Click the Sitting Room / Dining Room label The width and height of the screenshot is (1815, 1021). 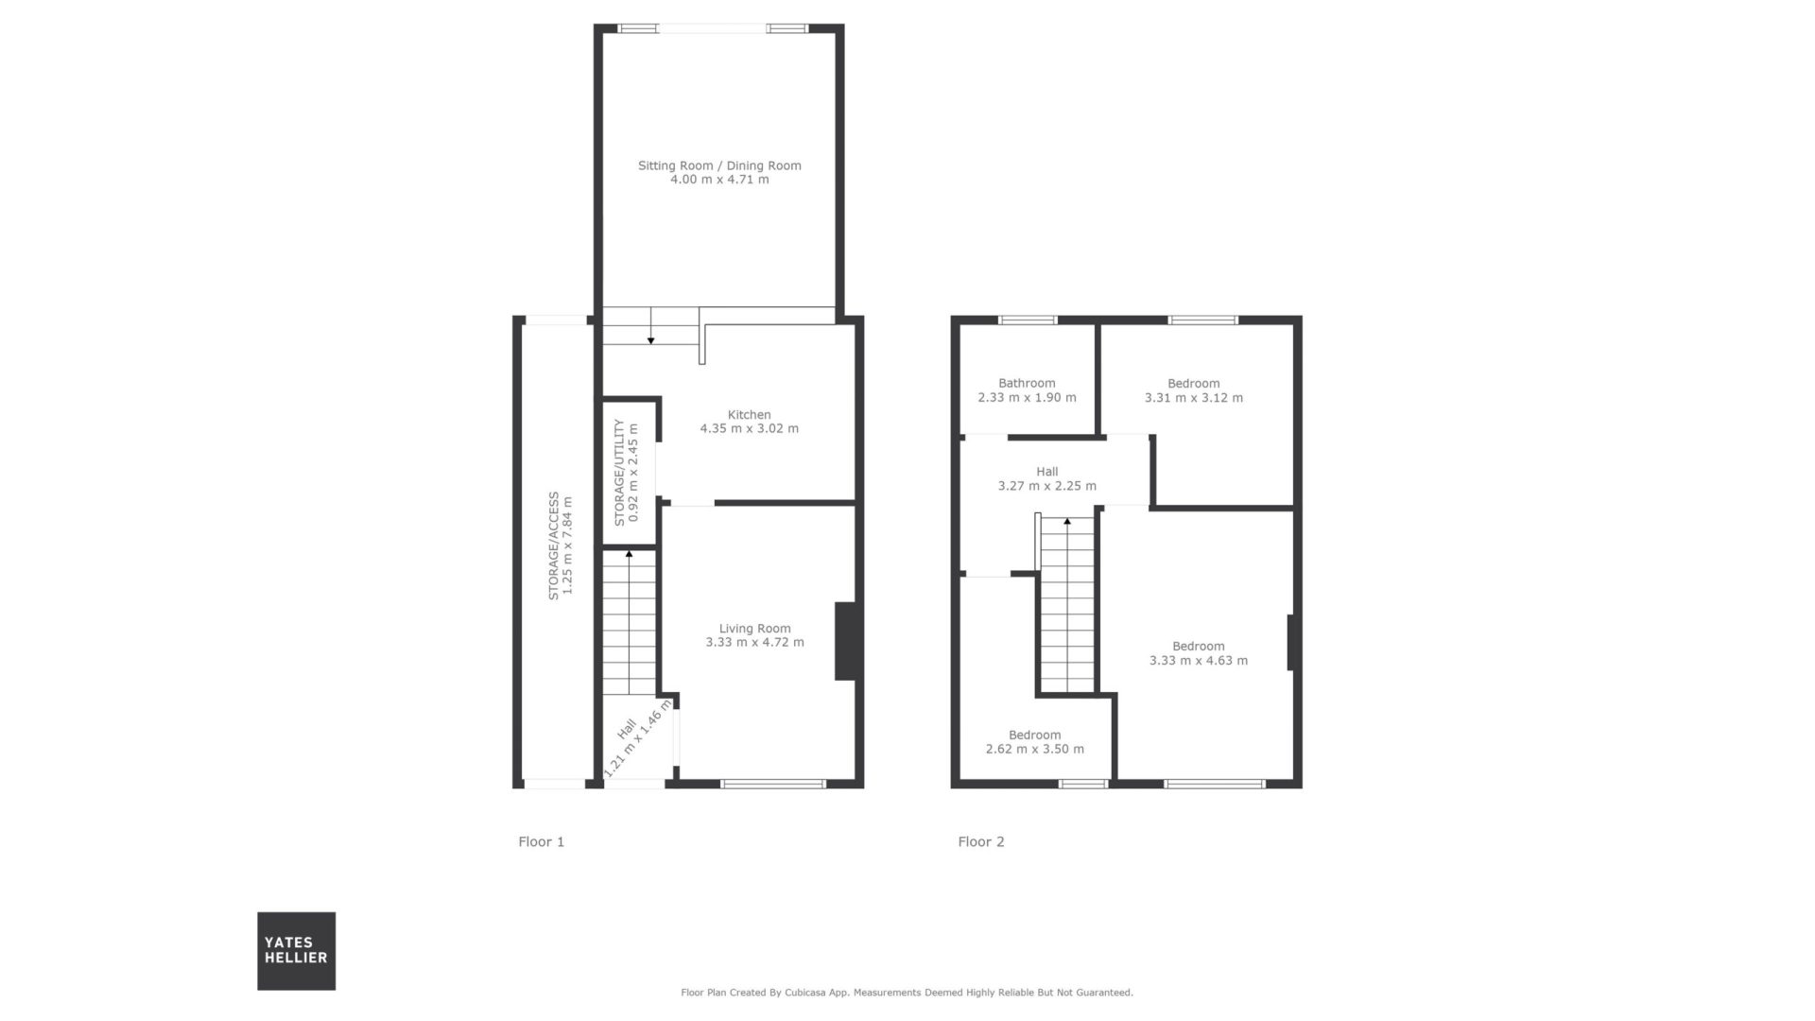719,165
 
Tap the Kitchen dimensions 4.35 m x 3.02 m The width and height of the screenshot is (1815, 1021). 749,428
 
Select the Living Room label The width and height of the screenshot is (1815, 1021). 754,629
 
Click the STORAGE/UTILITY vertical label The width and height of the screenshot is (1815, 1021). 619,473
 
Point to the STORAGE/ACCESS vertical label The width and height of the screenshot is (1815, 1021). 554,545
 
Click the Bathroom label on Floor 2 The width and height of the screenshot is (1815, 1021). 1027,383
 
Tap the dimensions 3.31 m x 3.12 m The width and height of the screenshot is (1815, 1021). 1194,398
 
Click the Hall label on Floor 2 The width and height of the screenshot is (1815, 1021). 1046,472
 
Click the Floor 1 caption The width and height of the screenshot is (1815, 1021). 541,841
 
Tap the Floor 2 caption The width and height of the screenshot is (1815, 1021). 981,841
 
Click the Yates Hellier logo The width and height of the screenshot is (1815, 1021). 296,951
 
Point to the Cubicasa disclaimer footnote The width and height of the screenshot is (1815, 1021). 907,993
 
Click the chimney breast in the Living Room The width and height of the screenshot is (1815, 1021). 845,641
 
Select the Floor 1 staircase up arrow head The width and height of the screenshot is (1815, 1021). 630,554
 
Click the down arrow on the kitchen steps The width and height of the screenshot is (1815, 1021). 650,340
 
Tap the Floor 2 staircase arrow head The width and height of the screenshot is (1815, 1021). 1067,521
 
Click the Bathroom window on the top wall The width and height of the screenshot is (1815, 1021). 1028,320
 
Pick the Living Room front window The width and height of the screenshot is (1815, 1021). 773,784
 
